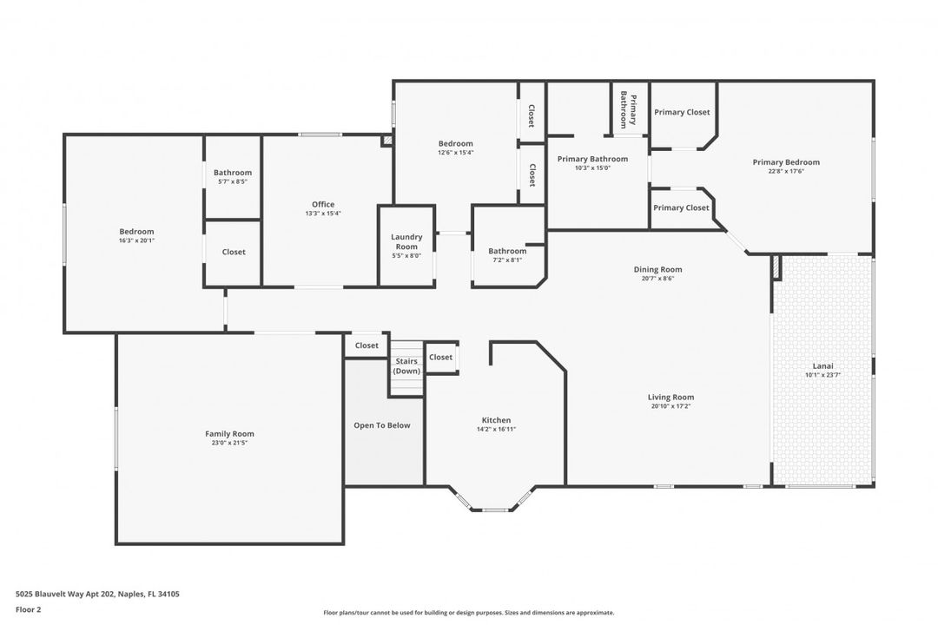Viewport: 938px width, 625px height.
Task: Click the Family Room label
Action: pos(229,434)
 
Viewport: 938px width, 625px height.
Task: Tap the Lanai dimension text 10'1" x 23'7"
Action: pos(822,375)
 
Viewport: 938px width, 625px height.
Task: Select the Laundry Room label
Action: pos(406,241)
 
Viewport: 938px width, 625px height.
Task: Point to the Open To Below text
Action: pos(382,425)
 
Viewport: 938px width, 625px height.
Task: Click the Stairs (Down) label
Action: pos(406,366)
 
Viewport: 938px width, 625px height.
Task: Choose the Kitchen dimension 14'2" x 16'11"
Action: pos(496,429)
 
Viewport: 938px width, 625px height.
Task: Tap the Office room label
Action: pos(323,205)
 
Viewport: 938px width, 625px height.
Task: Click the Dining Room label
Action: pos(657,269)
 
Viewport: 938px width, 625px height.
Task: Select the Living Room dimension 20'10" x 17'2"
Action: pos(670,406)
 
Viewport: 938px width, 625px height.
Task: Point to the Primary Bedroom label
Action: pos(786,162)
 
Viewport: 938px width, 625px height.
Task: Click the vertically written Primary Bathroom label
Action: pos(628,110)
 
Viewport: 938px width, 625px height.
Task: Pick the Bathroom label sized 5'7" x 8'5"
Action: pos(233,173)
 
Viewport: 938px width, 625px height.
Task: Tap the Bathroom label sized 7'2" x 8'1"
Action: pos(507,252)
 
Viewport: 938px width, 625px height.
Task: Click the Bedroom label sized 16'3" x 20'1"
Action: pos(136,232)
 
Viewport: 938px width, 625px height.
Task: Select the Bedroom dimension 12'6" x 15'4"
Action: pos(455,153)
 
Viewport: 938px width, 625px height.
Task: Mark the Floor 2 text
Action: pos(28,609)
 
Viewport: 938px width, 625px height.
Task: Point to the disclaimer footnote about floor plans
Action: pos(468,612)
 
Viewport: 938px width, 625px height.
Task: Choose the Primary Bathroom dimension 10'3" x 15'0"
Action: pos(593,168)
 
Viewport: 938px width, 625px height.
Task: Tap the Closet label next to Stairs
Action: pos(440,357)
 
